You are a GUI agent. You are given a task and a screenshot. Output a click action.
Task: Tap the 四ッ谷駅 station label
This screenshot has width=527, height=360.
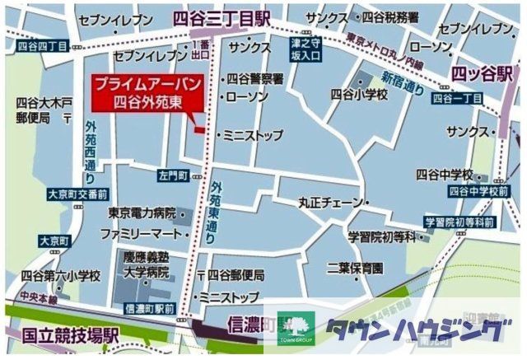pos(482,74)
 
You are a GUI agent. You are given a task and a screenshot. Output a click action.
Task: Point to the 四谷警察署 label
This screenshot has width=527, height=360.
pos(254,79)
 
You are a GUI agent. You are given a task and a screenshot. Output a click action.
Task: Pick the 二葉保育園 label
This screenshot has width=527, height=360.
pos(353,267)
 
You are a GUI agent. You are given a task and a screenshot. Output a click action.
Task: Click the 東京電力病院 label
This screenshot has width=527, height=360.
pos(142,213)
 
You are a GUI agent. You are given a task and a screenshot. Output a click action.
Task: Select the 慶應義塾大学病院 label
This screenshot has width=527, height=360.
pos(147,264)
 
